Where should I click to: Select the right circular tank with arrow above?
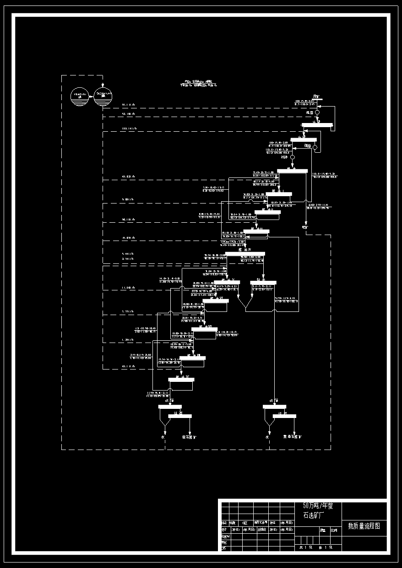point(103,96)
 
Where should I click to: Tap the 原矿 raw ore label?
point(316,96)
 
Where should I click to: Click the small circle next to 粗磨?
point(316,112)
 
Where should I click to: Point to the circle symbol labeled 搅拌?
point(292,157)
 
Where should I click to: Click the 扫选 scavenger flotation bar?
point(263,283)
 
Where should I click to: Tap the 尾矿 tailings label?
point(305,227)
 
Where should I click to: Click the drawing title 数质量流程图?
point(364,526)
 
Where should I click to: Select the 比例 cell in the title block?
point(334,530)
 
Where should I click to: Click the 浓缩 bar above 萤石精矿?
point(170,406)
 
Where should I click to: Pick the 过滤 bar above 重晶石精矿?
point(284,416)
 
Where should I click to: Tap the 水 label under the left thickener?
point(163,437)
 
